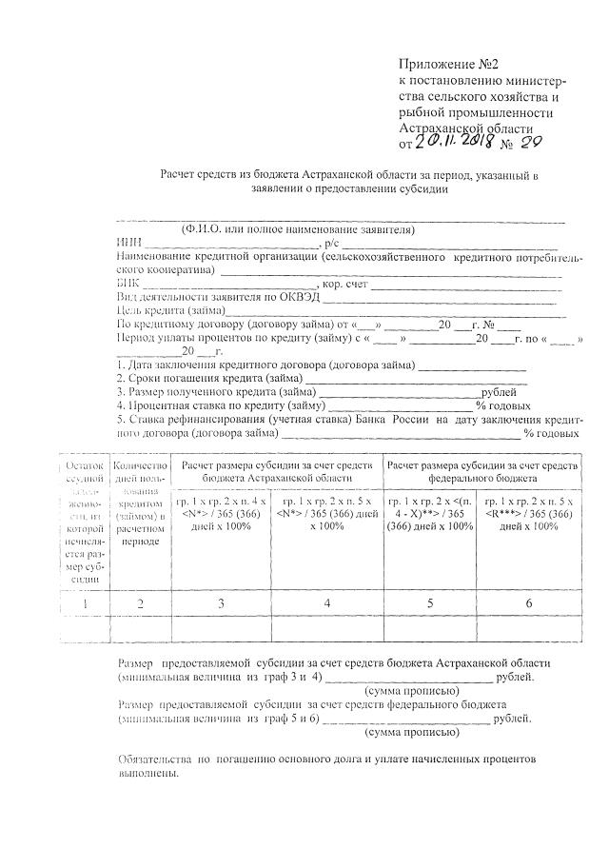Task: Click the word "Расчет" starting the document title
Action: click(x=180, y=175)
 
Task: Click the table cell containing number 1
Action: click(x=84, y=603)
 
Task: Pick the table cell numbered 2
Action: click(x=140, y=603)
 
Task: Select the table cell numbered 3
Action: click(x=221, y=603)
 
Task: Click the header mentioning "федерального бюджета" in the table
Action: click(x=480, y=470)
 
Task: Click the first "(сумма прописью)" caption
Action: click(x=413, y=690)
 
